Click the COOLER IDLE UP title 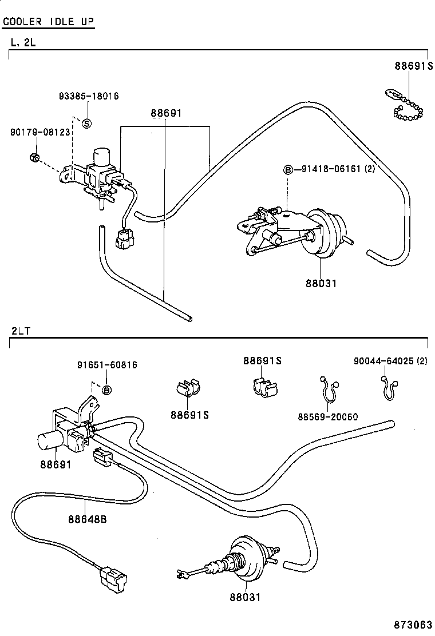[x=49, y=22]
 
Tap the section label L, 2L [x=23, y=42]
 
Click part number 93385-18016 [x=89, y=96]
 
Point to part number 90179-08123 [x=40, y=132]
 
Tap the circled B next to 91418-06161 [x=288, y=169]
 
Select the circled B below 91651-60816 [x=106, y=389]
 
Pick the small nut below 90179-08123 [x=34, y=157]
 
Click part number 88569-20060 [x=327, y=416]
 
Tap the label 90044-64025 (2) [x=390, y=361]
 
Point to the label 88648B [x=88, y=519]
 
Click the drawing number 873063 [x=412, y=625]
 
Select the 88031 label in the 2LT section [x=245, y=597]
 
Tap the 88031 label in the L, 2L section [x=321, y=283]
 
